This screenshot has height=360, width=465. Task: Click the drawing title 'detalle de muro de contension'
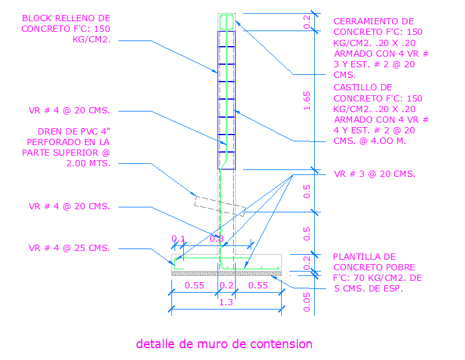coord(224,344)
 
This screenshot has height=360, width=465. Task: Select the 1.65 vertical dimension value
coord(306,100)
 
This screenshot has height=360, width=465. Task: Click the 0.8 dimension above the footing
coord(216,239)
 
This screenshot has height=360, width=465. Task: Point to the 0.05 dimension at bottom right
coord(306,301)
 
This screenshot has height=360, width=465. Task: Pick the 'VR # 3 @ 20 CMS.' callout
coord(375,174)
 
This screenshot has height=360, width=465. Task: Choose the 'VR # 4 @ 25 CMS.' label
coord(69,248)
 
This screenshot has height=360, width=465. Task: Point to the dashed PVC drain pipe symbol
coord(219,206)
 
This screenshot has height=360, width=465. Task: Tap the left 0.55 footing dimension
coord(194,285)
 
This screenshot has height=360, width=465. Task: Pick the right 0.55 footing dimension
coord(258,285)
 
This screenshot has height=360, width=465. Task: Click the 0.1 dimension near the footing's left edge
coord(179,239)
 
